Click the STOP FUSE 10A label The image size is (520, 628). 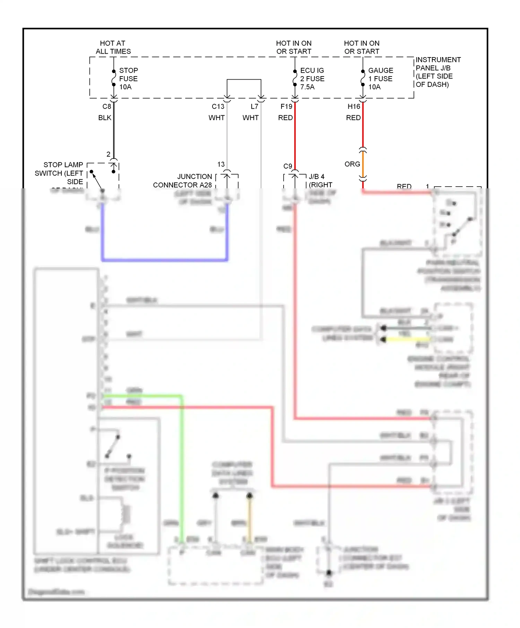pyautogui.click(x=128, y=79)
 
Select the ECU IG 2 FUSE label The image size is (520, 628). pyautogui.click(x=312, y=79)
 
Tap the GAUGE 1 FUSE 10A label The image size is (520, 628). pyautogui.click(x=380, y=79)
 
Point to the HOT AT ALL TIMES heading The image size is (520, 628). pyautogui.click(x=113, y=47)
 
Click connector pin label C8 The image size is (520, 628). pyautogui.click(x=107, y=107)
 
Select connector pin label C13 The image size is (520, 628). pyautogui.click(x=218, y=107)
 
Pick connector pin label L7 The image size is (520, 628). pyautogui.click(x=254, y=107)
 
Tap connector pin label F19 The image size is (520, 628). pyautogui.click(x=286, y=107)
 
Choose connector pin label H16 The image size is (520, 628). pyautogui.click(x=354, y=107)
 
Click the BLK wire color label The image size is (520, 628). pyautogui.click(x=105, y=118)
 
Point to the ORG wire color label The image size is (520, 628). pyautogui.click(x=352, y=164)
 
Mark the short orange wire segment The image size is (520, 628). pyautogui.click(x=363, y=165)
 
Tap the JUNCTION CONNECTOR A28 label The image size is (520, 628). pyautogui.click(x=183, y=181)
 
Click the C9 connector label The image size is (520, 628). pyautogui.click(x=288, y=167)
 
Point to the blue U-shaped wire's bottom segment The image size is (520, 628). pyautogui.click(x=165, y=260)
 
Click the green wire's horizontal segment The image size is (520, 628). pyautogui.click(x=142, y=396)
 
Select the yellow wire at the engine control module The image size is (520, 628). pyautogui.click(x=407, y=340)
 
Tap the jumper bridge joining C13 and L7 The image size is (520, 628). pyautogui.click(x=244, y=80)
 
